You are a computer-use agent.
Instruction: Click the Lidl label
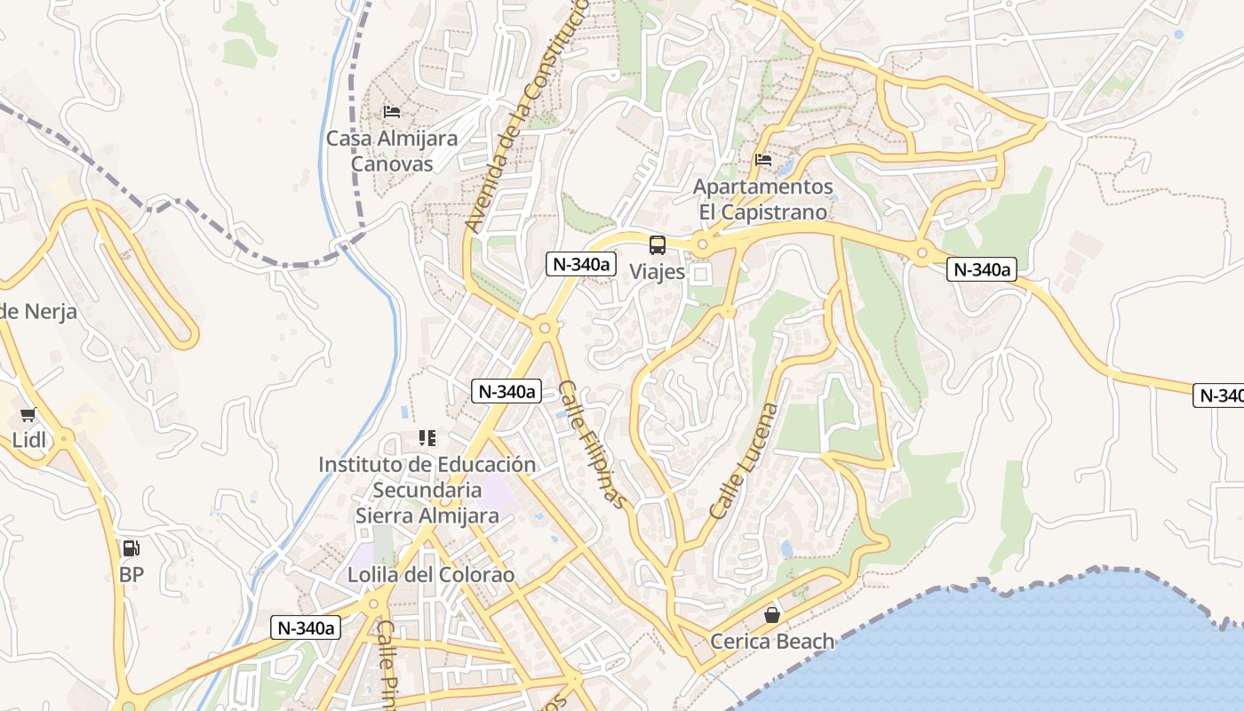(28, 440)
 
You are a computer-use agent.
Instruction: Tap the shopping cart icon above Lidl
(28, 415)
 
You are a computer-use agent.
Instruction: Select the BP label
(132, 575)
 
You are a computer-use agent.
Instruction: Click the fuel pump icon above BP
(132, 549)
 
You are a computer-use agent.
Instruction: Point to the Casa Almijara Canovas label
(392, 151)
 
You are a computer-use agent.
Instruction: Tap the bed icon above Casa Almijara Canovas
(392, 112)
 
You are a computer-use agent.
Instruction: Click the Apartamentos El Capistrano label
(763, 200)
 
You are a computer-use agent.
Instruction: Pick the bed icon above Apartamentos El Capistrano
(763, 160)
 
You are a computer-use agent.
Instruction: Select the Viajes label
(658, 271)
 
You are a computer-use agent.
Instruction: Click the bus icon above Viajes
(658, 245)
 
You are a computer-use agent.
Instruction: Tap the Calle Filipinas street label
(593, 445)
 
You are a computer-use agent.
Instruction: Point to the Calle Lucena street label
(744, 462)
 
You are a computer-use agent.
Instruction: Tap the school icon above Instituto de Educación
(427, 438)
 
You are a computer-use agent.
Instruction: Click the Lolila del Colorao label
(431, 575)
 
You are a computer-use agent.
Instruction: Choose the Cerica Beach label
(772, 641)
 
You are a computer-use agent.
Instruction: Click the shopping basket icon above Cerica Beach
(772, 615)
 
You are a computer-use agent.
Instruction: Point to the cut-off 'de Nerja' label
(38, 312)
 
